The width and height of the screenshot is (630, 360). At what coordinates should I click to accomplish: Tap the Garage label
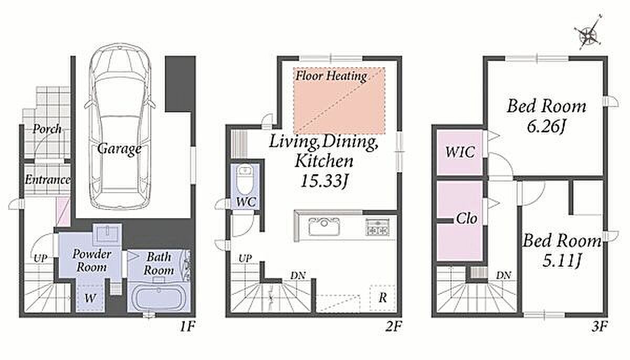(x=119, y=149)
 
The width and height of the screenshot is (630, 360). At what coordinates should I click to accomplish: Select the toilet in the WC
(x=245, y=179)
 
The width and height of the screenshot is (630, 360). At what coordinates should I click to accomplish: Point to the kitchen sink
(x=324, y=227)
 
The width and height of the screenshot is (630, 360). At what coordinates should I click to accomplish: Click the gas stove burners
(x=377, y=227)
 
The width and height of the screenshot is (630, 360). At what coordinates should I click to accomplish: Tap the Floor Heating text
(x=331, y=76)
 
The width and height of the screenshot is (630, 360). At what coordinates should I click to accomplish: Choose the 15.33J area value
(x=325, y=181)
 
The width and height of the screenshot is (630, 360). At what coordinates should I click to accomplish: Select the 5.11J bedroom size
(x=561, y=261)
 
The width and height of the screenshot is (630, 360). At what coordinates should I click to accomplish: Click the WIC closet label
(x=460, y=152)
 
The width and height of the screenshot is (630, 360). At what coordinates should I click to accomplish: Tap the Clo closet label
(x=467, y=218)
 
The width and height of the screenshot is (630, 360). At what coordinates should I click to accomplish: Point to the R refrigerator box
(x=383, y=298)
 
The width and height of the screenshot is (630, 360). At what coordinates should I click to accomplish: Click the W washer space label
(x=90, y=298)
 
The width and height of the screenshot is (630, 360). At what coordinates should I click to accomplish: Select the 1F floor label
(x=187, y=326)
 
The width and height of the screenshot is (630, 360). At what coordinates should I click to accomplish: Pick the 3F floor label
(x=600, y=326)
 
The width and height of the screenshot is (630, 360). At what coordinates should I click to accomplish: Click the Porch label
(x=47, y=129)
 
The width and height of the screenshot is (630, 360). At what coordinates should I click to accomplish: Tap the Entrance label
(x=47, y=180)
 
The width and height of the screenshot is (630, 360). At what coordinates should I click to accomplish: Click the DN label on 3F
(x=503, y=275)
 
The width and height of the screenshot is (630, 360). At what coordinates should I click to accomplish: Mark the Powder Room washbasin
(x=108, y=233)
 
